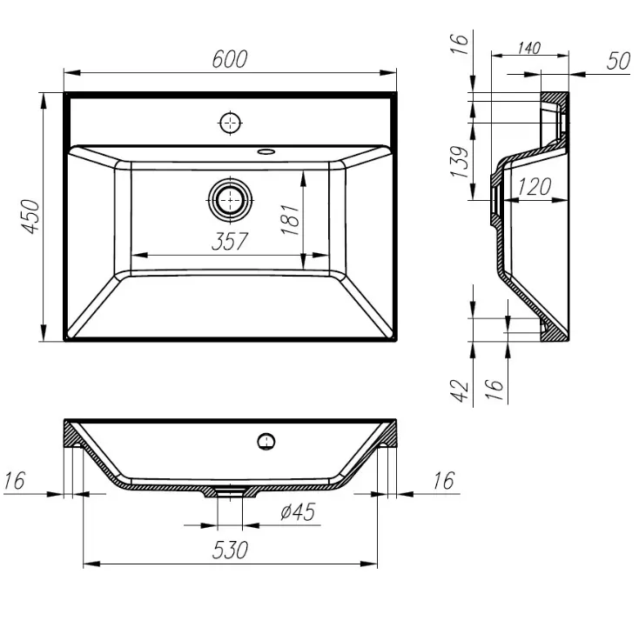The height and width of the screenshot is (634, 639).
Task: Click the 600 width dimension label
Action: (x=230, y=59)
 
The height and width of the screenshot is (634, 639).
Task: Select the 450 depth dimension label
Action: (x=31, y=217)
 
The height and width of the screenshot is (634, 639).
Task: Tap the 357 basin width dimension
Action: (x=230, y=242)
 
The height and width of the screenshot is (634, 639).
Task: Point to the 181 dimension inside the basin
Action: (x=290, y=220)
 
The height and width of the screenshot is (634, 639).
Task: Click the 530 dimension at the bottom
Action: (x=230, y=551)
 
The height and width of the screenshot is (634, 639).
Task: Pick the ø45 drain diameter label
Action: (x=298, y=512)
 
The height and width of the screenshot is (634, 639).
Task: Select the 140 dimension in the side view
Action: (x=529, y=48)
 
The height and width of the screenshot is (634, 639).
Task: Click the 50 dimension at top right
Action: (x=619, y=61)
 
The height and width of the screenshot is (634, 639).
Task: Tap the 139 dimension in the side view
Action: (x=460, y=162)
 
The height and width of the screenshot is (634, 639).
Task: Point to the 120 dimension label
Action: (x=535, y=187)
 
